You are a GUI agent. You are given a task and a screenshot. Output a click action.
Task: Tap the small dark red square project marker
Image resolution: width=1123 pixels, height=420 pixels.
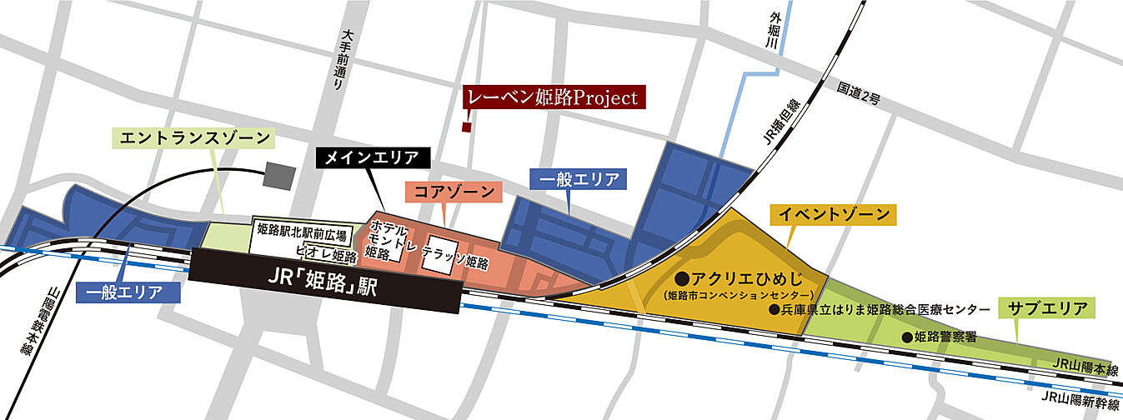point(468,127)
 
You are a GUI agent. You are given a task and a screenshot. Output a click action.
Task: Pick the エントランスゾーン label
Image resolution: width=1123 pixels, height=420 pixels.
point(195,138)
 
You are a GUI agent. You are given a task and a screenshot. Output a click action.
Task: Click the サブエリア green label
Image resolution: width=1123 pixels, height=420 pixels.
point(1047,308)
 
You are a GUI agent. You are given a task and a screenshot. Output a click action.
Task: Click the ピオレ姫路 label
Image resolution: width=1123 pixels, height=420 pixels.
point(326,252)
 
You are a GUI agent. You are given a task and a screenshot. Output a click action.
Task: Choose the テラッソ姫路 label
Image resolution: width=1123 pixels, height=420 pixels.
point(455,262)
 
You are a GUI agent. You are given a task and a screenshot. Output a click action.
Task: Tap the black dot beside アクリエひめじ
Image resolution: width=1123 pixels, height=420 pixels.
point(680,277)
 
